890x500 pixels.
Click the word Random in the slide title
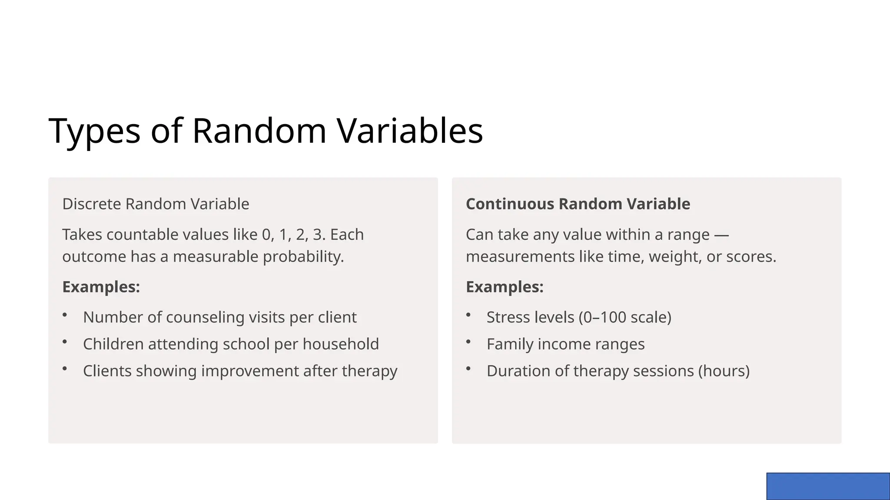pyautogui.click(x=259, y=131)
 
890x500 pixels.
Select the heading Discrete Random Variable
pyautogui.click(x=156, y=204)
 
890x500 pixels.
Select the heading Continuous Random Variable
pyautogui.click(x=578, y=204)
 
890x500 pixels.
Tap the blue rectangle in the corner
pyautogui.click(x=828, y=486)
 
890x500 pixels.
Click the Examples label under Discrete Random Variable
pyautogui.click(x=101, y=287)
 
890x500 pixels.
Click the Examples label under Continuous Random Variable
pyautogui.click(x=505, y=287)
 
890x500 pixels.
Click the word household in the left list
pyautogui.click(x=341, y=344)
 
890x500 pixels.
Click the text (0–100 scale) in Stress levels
pyautogui.click(x=625, y=317)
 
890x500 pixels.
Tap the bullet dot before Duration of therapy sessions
pyautogui.click(x=468, y=368)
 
